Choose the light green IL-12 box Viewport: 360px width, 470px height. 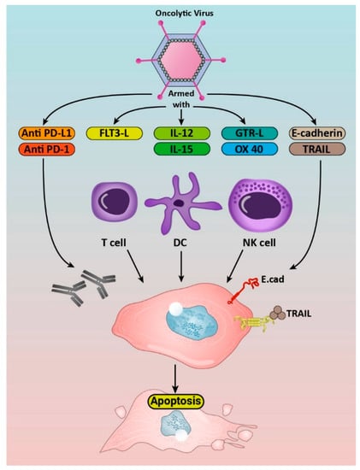click(180, 133)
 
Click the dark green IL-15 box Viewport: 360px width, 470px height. click(180, 151)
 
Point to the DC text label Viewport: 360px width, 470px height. click(179, 254)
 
